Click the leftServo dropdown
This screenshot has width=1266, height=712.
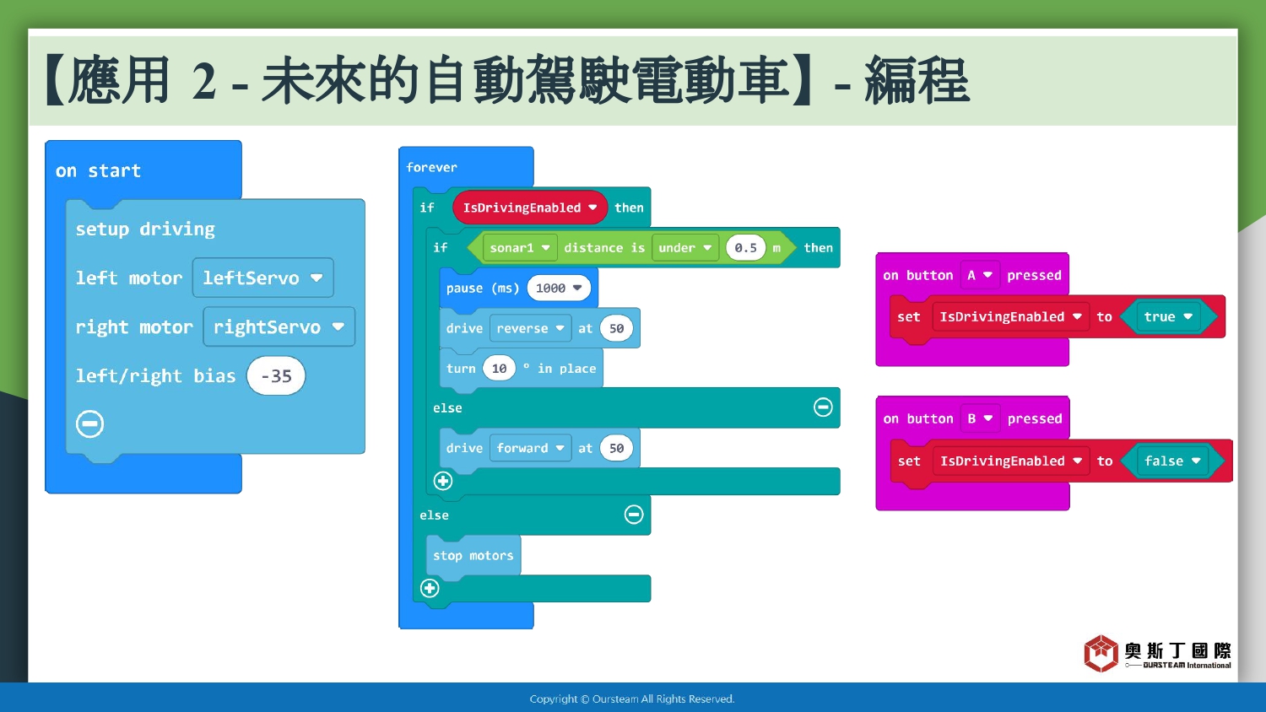click(x=262, y=278)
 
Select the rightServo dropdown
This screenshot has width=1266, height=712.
click(x=279, y=326)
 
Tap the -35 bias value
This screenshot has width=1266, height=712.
click(x=276, y=375)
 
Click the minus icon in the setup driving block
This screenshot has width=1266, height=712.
click(x=89, y=423)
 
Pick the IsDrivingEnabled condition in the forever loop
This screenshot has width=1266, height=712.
click(x=529, y=208)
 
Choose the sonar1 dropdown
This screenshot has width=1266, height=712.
click(x=520, y=247)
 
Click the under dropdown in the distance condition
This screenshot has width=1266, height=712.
click(x=685, y=247)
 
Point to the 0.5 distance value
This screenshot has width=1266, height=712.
click(x=745, y=247)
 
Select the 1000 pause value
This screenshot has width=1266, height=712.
click(x=559, y=289)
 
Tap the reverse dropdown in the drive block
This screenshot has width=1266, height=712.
click(x=530, y=328)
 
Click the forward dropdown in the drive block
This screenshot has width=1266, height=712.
click(x=530, y=448)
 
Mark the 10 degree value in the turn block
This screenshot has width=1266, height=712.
click(x=499, y=369)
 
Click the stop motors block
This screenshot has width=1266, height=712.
click(x=473, y=555)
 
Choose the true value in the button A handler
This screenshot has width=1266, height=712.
click(x=1167, y=316)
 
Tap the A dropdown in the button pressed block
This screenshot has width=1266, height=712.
click(x=980, y=275)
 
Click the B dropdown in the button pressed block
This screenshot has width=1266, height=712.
click(x=980, y=418)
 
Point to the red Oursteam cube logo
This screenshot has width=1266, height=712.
click(x=1101, y=653)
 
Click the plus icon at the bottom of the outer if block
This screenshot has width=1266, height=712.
click(x=430, y=588)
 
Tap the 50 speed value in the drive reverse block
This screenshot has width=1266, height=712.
click(x=616, y=328)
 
